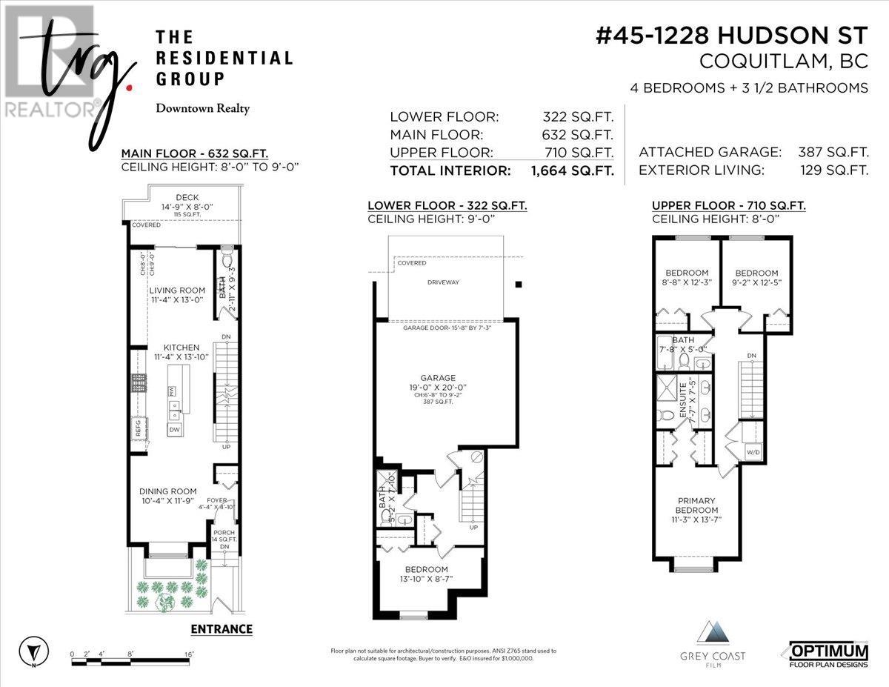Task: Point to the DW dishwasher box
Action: [x=174, y=429]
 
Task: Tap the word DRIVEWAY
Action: [x=443, y=282]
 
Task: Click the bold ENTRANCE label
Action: [x=221, y=629]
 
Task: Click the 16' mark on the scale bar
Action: [x=190, y=654]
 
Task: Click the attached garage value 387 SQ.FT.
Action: [x=833, y=152]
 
